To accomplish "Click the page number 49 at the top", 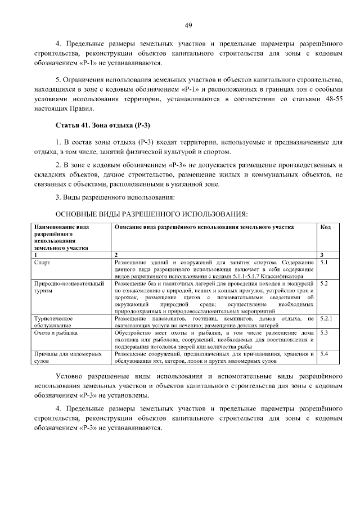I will [188, 25].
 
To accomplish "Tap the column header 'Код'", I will [325, 227].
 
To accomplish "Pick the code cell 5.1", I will [324, 263].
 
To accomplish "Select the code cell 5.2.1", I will [326, 319].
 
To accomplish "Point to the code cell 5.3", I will [324, 333].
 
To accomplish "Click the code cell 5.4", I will [324, 354].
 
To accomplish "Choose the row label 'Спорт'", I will [42, 263].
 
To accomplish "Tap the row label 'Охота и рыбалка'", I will [56, 333].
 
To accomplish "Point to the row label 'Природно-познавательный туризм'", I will [69, 287].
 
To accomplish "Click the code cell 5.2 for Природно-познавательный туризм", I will [324, 284].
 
